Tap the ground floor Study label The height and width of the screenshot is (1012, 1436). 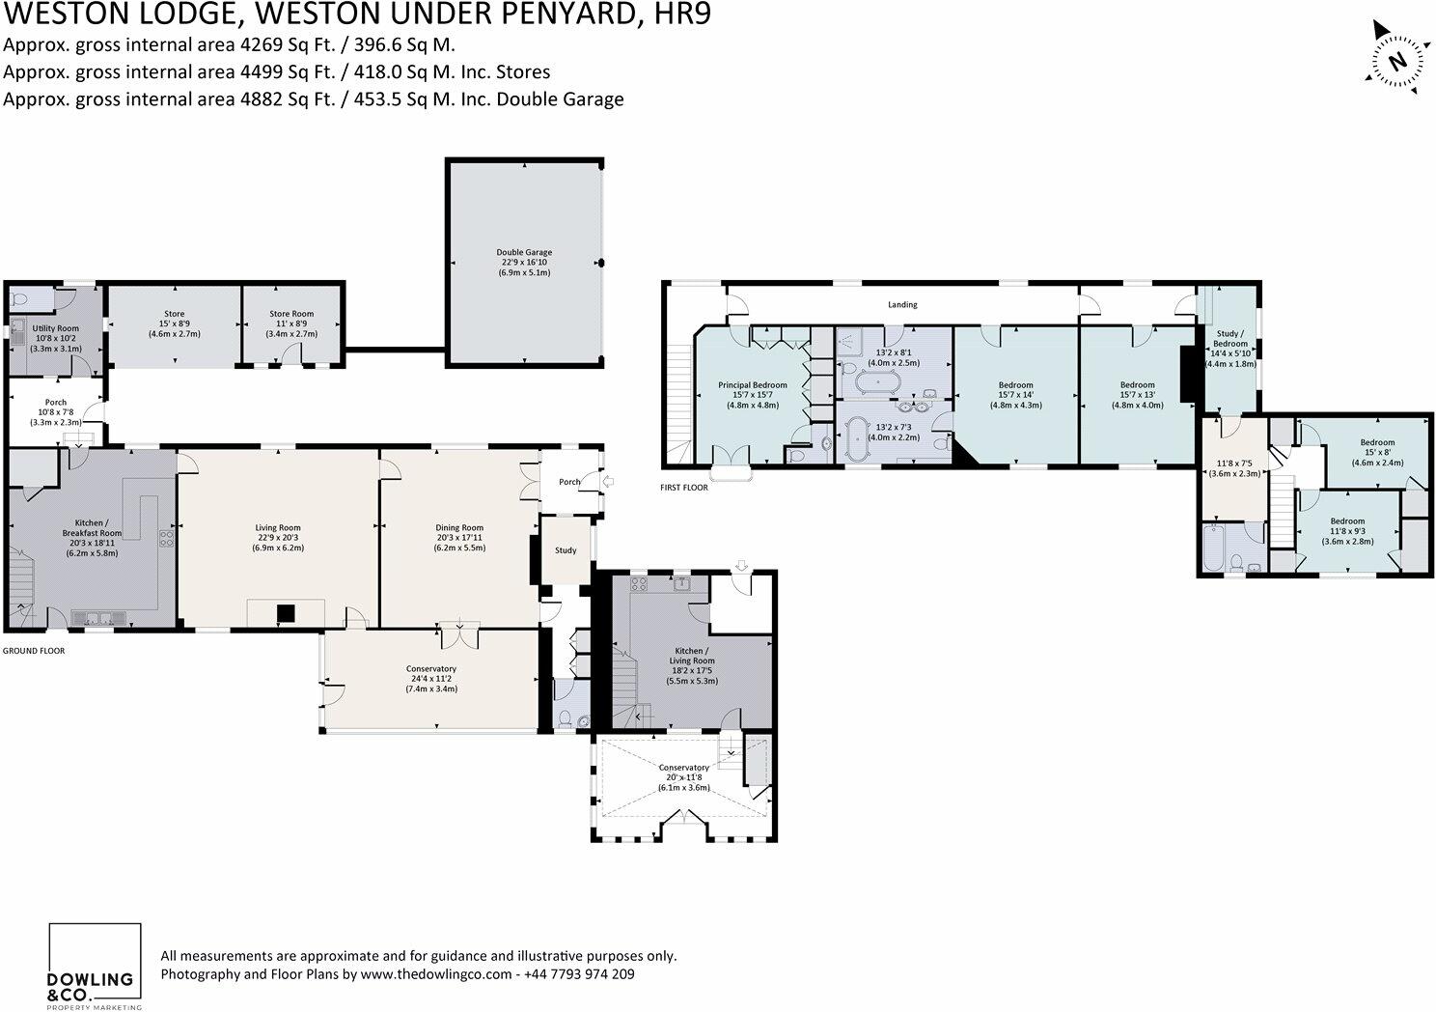(566, 550)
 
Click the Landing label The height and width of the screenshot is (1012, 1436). (902, 305)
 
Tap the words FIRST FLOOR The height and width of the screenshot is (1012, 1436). (684, 488)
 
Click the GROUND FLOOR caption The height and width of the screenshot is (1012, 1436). (34, 651)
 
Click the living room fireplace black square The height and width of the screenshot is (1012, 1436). (286, 612)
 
